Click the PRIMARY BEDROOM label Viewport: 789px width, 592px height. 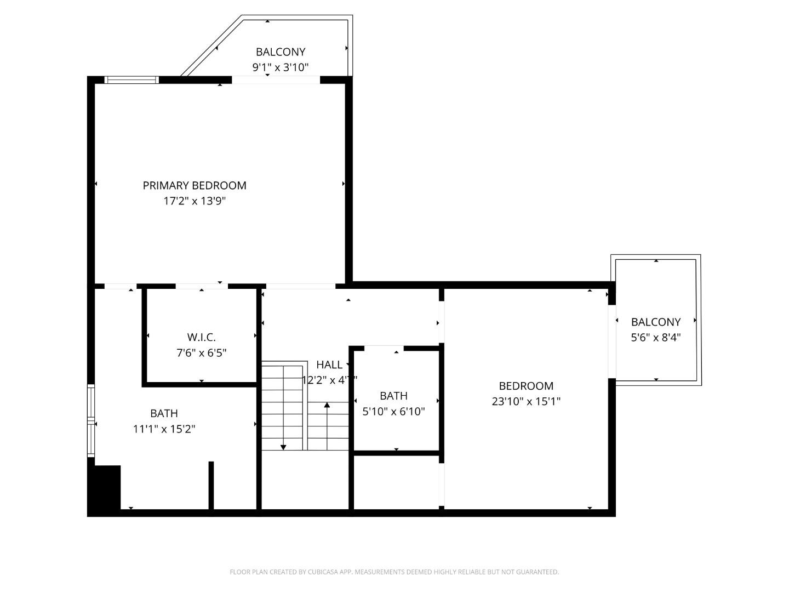point(195,185)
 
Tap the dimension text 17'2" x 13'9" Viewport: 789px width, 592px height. point(195,201)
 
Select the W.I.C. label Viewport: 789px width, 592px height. point(201,337)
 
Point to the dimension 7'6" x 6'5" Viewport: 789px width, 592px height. point(201,352)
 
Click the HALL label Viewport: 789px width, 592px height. point(329,365)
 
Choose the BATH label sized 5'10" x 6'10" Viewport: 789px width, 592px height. point(393,396)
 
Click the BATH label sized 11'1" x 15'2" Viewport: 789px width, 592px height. point(164,413)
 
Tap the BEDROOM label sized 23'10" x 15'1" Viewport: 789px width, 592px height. point(526,386)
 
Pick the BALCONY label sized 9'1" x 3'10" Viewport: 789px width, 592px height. point(281,52)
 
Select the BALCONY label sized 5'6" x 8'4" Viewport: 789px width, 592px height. point(656,322)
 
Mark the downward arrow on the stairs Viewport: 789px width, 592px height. point(283,446)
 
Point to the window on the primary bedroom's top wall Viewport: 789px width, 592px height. point(131,80)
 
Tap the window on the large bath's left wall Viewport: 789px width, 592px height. point(91,421)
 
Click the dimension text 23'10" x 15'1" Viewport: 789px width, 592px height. point(526,401)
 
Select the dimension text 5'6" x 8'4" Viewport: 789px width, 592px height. point(656,338)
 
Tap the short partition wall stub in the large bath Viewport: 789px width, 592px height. point(211,486)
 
